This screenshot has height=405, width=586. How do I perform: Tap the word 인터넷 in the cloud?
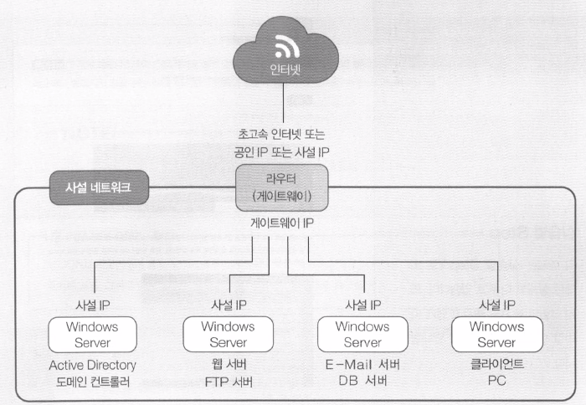click(287, 72)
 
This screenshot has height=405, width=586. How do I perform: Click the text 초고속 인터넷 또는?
click(287, 134)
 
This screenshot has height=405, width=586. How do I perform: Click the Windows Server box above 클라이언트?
click(496, 334)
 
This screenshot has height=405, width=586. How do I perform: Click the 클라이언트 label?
click(496, 366)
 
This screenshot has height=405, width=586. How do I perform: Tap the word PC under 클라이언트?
click(496, 382)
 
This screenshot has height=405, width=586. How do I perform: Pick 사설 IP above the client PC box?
click(496, 305)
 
